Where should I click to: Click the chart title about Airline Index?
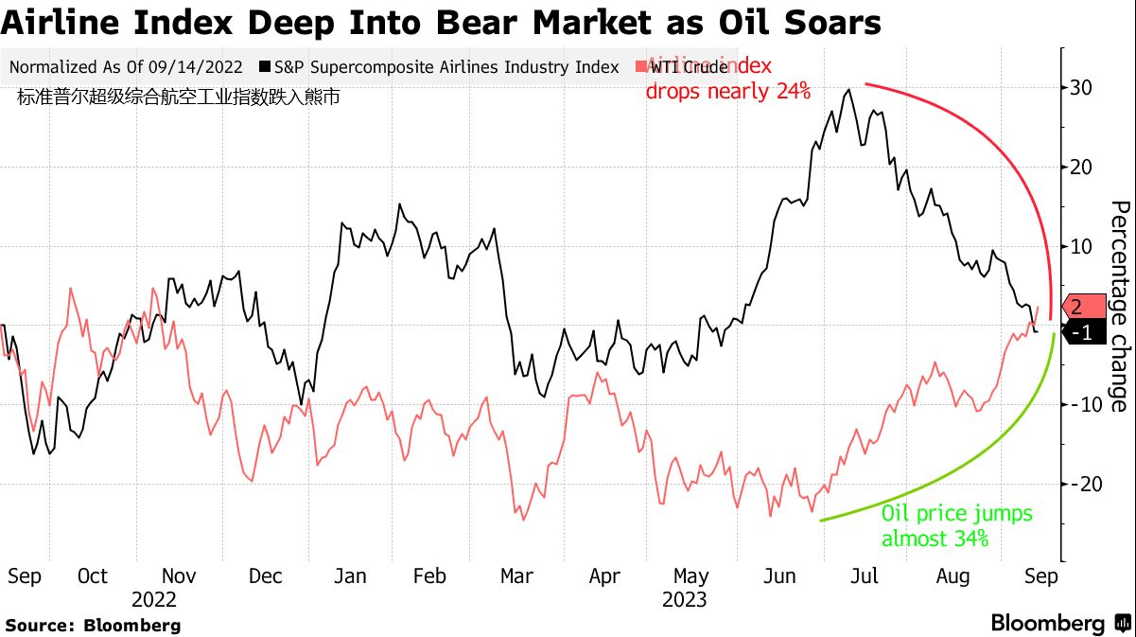(441, 22)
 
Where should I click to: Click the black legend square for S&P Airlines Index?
(266, 67)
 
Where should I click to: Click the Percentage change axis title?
(1118, 306)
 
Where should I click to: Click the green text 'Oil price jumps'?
(956, 515)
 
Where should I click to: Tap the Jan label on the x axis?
(350, 576)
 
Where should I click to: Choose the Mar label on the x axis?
(516, 576)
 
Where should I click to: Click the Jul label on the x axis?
(865, 576)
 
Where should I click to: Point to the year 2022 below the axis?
(153, 600)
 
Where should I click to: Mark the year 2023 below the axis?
(684, 600)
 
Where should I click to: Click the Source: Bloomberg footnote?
(93, 626)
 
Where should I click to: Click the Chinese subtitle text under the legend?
(178, 96)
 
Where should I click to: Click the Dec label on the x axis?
(267, 576)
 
